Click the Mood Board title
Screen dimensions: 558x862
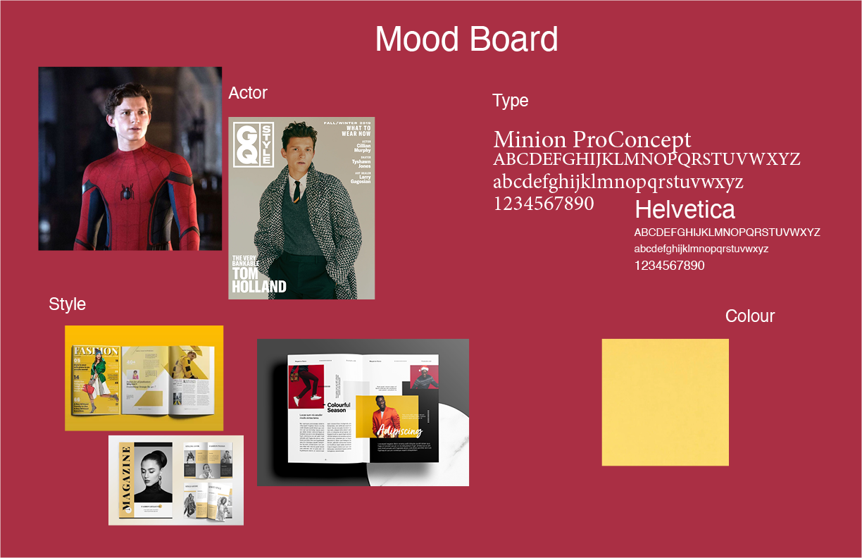(466, 39)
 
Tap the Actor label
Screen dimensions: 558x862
(248, 92)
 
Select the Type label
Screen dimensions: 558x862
(510, 101)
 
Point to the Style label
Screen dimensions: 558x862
(67, 304)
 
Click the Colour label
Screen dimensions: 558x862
(749, 316)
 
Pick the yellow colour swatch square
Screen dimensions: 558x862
(665, 402)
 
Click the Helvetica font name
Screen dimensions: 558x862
(685, 209)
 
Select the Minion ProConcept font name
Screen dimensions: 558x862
(592, 139)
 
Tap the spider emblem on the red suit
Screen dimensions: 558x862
(127, 191)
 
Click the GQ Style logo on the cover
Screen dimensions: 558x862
(253, 145)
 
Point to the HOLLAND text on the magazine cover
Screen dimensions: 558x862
(259, 287)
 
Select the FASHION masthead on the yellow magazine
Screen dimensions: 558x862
(96, 351)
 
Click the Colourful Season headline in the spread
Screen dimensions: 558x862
(339, 407)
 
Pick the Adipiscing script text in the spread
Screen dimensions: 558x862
(399, 430)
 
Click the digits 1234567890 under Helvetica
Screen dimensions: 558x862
(669, 266)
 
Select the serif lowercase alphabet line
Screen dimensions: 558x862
(618, 182)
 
